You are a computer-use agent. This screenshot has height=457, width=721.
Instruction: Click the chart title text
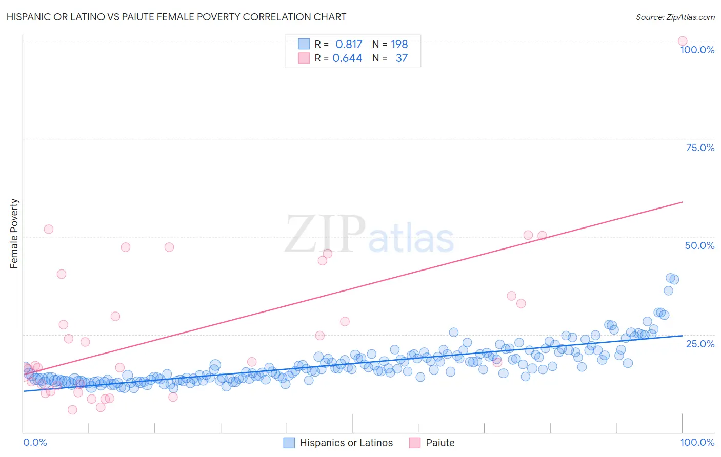point(176,17)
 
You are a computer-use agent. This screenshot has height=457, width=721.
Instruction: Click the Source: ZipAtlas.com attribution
point(675,17)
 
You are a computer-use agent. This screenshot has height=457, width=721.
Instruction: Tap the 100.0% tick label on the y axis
point(697,50)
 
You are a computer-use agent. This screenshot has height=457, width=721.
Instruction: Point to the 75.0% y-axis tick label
point(700,148)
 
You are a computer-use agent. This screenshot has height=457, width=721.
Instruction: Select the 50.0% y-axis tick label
point(699,245)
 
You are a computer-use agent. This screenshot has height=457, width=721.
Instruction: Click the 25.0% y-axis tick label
point(700,344)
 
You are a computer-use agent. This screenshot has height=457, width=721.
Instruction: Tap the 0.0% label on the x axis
point(35,443)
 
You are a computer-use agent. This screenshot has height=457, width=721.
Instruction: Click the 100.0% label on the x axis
point(697,443)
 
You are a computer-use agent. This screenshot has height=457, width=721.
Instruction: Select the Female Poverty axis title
point(14,234)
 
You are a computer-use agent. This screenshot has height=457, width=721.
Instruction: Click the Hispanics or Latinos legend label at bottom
point(346,443)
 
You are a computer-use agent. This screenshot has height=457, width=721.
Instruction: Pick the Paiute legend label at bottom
point(440,443)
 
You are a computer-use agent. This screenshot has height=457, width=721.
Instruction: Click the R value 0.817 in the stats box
point(349,45)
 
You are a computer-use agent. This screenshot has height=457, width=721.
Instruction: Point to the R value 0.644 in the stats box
point(347,58)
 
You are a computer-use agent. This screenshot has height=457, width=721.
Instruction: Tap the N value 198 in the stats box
point(399,45)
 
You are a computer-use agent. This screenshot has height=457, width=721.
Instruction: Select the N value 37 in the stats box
point(402,58)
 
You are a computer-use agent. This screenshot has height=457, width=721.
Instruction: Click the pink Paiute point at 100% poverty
point(683,41)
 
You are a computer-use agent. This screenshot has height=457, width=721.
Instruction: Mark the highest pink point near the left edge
point(49,229)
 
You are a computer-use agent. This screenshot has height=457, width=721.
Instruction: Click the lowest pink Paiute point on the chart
point(72,410)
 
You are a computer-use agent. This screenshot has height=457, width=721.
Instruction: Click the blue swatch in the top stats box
point(304,44)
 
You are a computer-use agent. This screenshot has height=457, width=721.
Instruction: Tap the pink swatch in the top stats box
point(304,58)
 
